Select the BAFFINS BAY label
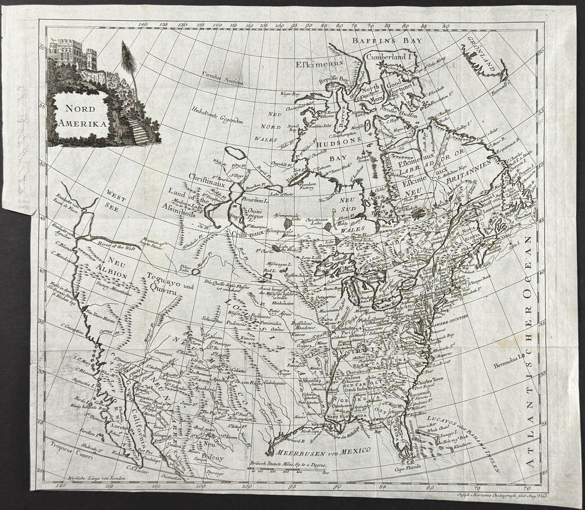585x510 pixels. pos(387,41)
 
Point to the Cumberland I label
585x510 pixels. pos(389,57)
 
